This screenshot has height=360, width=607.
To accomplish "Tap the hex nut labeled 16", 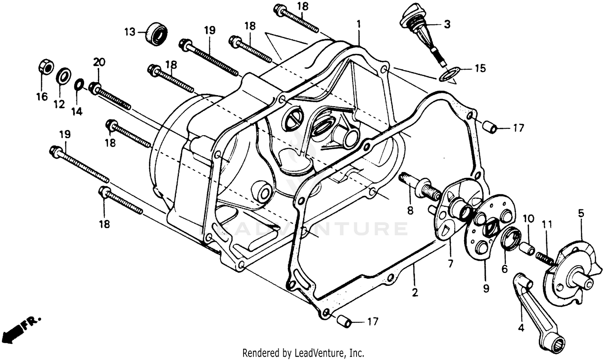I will pyautogui.click(x=46, y=67).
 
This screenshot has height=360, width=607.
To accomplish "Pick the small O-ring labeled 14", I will pyautogui.click(x=79, y=85).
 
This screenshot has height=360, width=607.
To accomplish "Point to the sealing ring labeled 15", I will pyautogui.click(x=449, y=75).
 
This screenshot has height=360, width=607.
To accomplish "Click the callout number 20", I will pyautogui.click(x=99, y=62).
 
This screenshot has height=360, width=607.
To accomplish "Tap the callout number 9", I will pyautogui.click(x=486, y=288).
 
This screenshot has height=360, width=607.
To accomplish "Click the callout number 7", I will pyautogui.click(x=450, y=264).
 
